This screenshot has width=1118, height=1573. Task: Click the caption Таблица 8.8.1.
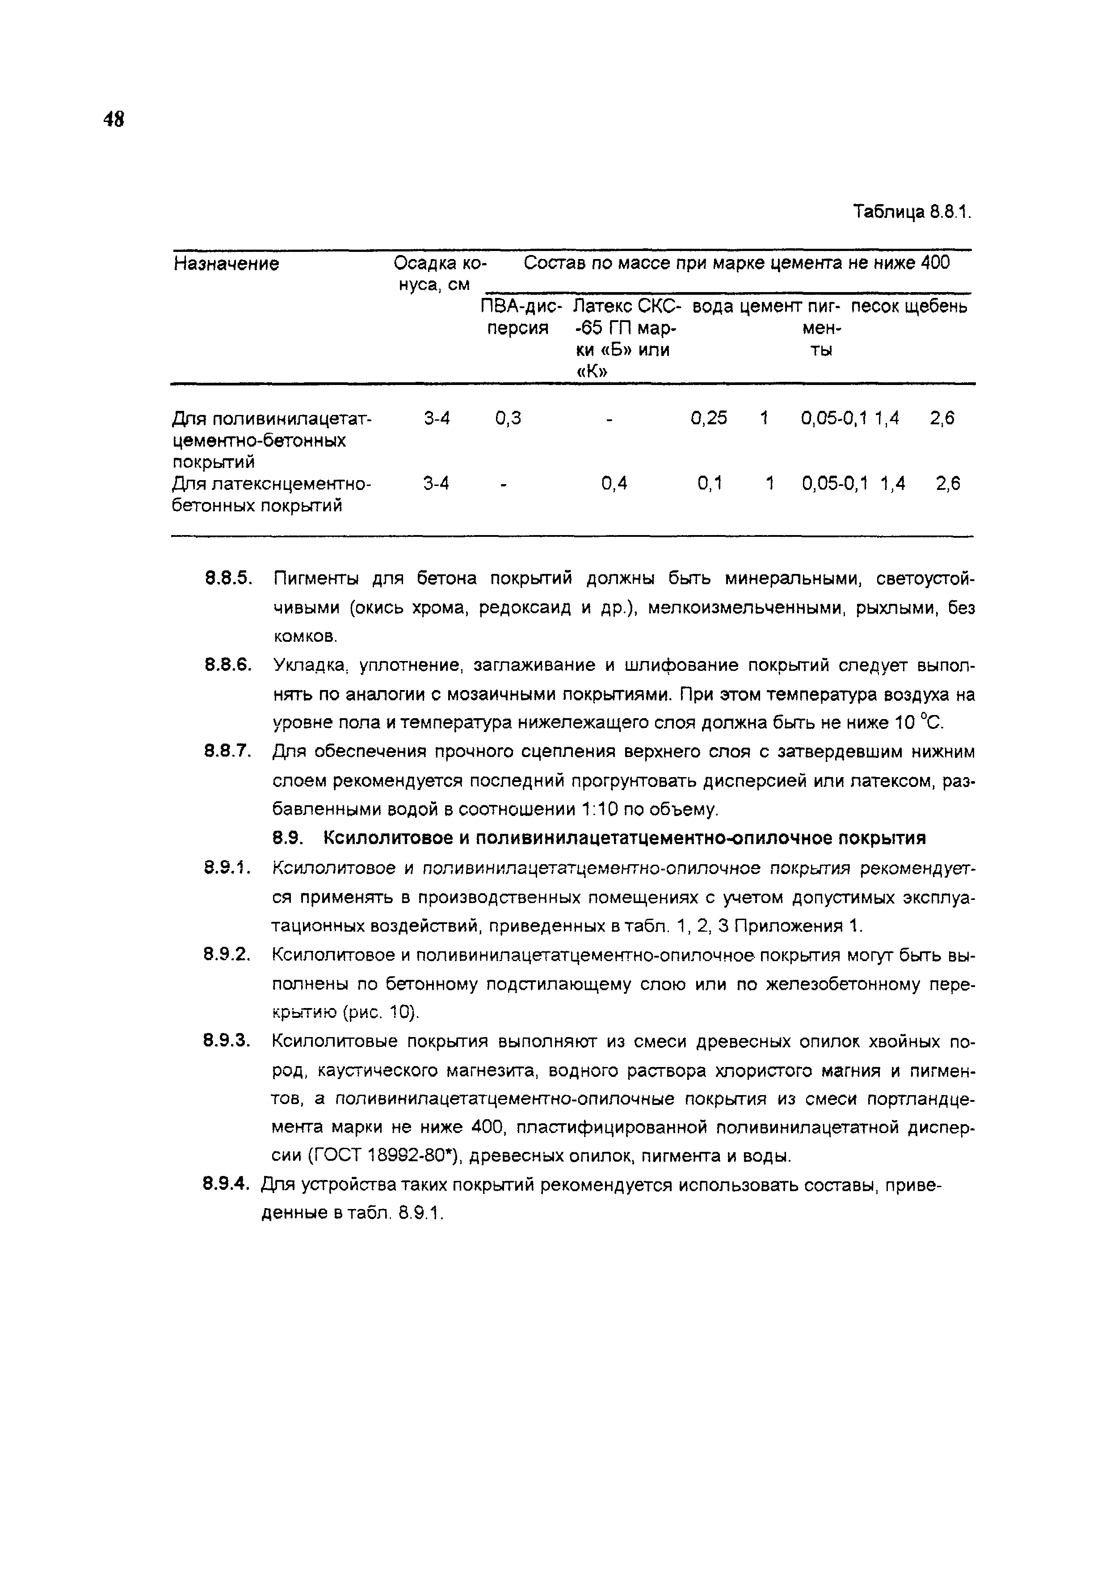click(911, 211)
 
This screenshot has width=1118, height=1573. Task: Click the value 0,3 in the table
click(508, 418)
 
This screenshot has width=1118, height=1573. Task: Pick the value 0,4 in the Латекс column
click(614, 484)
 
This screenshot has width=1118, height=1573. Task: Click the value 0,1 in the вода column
click(709, 484)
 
